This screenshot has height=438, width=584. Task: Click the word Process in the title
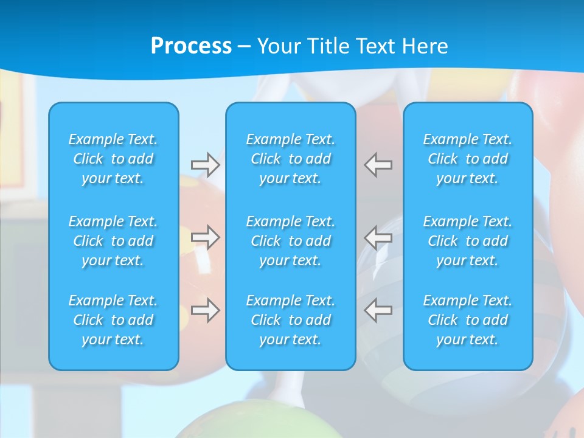coord(191,46)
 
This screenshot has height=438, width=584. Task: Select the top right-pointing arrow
coord(205,165)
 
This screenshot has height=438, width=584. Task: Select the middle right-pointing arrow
coord(205,237)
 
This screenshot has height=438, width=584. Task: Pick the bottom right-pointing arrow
coord(205,310)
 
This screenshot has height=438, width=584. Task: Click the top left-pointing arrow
coord(378,165)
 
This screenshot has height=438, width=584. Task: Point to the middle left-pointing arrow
coord(378,237)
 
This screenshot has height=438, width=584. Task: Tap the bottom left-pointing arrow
coord(378,310)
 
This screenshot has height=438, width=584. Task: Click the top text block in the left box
coord(113,159)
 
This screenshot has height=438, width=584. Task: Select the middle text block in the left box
coord(113,241)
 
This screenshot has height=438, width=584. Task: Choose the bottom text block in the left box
coord(113,320)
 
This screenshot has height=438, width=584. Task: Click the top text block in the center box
coord(291,159)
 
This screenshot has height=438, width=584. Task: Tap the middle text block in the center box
coord(291,241)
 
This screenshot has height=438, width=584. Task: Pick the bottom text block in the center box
coord(291,320)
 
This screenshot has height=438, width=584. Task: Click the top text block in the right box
coord(468,159)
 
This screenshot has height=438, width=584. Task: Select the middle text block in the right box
coord(468,241)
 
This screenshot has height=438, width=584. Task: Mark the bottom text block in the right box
coord(468,320)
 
